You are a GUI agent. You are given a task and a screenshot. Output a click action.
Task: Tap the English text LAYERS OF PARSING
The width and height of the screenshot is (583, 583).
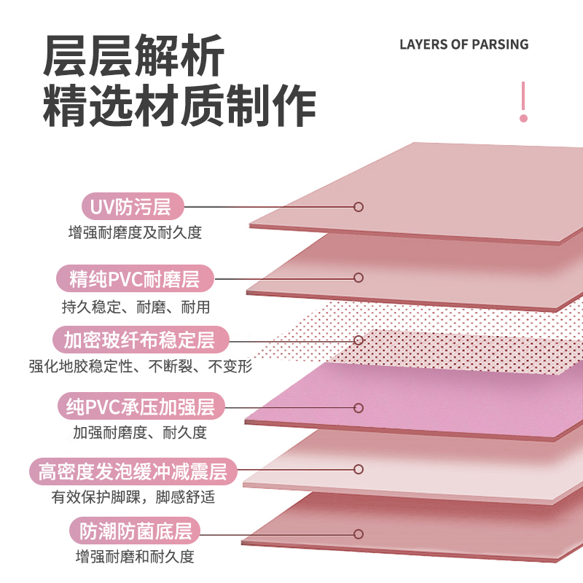pyautogui.click(x=463, y=44)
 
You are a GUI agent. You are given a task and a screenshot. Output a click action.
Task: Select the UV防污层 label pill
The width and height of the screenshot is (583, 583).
pyautogui.click(x=130, y=207)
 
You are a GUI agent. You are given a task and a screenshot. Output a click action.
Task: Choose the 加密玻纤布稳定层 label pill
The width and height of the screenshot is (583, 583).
pyautogui.click(x=138, y=340)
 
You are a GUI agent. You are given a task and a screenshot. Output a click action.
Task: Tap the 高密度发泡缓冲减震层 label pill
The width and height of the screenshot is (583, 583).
pyautogui.click(x=133, y=471)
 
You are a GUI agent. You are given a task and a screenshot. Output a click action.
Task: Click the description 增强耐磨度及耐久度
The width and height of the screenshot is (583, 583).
pyautogui.click(x=135, y=233)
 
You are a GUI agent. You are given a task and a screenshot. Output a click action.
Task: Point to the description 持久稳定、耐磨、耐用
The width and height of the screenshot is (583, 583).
pyautogui.click(x=136, y=306)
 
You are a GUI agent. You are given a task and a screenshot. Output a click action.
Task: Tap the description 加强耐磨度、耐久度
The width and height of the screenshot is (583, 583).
pyautogui.click(x=140, y=433)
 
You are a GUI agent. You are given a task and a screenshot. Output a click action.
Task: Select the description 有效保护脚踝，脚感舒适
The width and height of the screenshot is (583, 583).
pyautogui.click(x=133, y=498)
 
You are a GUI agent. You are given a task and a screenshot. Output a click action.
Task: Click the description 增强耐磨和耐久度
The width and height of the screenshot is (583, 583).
pyautogui.click(x=136, y=557)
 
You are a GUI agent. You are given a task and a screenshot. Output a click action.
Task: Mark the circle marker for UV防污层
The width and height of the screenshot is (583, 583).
pyautogui.click(x=359, y=207)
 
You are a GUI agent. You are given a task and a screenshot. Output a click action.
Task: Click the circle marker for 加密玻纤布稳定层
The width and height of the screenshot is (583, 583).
pyautogui.click(x=359, y=340)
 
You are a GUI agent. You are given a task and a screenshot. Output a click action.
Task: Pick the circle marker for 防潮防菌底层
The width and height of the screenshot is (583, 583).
pyautogui.click(x=359, y=532)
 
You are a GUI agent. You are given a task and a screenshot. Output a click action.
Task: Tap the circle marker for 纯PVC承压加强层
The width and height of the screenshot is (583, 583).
pyautogui.click(x=359, y=407)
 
